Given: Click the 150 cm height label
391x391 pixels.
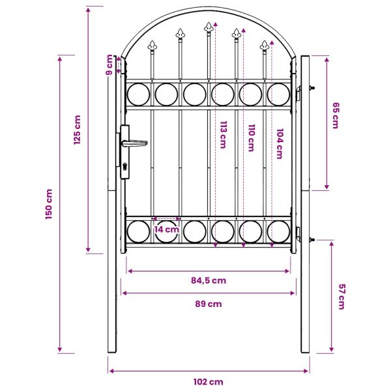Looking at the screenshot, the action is point(49,204).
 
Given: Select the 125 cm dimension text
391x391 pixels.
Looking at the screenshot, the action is point(78,130).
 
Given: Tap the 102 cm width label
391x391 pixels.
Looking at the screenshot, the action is point(209,382).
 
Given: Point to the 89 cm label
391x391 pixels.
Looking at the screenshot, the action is point(209,304).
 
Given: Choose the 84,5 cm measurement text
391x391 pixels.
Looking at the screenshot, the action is point(209,280).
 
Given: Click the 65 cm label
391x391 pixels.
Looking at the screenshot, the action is point(336,115).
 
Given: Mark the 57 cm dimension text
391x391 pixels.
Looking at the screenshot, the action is point(341,297).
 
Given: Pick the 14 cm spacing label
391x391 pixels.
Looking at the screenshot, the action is point(166,229).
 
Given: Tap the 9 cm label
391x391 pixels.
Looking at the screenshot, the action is point(109,65).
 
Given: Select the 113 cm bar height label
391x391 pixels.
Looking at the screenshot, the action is point(223,135).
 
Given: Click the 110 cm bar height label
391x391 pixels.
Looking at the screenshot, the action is point(252,138).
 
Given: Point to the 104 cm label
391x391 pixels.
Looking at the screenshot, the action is point(280,143).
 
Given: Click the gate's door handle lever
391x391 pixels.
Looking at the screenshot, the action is point(134,143).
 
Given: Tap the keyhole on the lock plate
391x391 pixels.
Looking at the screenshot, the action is point(124,166).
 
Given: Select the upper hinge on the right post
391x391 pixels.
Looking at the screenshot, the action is point(298,93).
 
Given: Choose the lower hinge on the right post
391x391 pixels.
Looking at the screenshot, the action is point(298,234).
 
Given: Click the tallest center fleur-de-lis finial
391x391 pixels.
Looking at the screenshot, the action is point(209,28).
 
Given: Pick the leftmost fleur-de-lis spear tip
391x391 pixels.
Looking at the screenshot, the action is point(152,46).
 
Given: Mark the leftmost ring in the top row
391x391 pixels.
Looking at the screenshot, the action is point(138,94).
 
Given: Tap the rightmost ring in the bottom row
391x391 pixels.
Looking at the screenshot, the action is point(278,231).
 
